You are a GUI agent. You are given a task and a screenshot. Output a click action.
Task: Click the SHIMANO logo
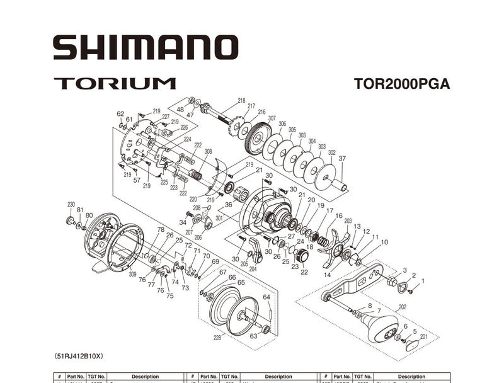tap(145, 47)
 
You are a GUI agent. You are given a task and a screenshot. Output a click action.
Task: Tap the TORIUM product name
tap(114, 83)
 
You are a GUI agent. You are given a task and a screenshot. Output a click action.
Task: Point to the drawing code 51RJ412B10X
tap(79, 356)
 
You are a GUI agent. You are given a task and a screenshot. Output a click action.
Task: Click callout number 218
tap(241, 101)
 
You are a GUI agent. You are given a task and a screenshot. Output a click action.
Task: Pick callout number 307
tap(272, 118)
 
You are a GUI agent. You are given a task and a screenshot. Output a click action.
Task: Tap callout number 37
tap(342, 159)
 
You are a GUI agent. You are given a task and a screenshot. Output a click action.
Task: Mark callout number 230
tap(71, 203)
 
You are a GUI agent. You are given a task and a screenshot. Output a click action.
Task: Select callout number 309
tap(132, 275)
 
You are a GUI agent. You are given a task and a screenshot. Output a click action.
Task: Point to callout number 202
tap(402, 307)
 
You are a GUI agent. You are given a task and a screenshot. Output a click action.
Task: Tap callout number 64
tap(266, 297)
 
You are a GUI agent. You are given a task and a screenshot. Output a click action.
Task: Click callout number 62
tap(120, 113)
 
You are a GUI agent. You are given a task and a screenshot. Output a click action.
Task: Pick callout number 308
tap(208, 151)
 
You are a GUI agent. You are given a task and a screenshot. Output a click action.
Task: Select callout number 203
tap(348, 221)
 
